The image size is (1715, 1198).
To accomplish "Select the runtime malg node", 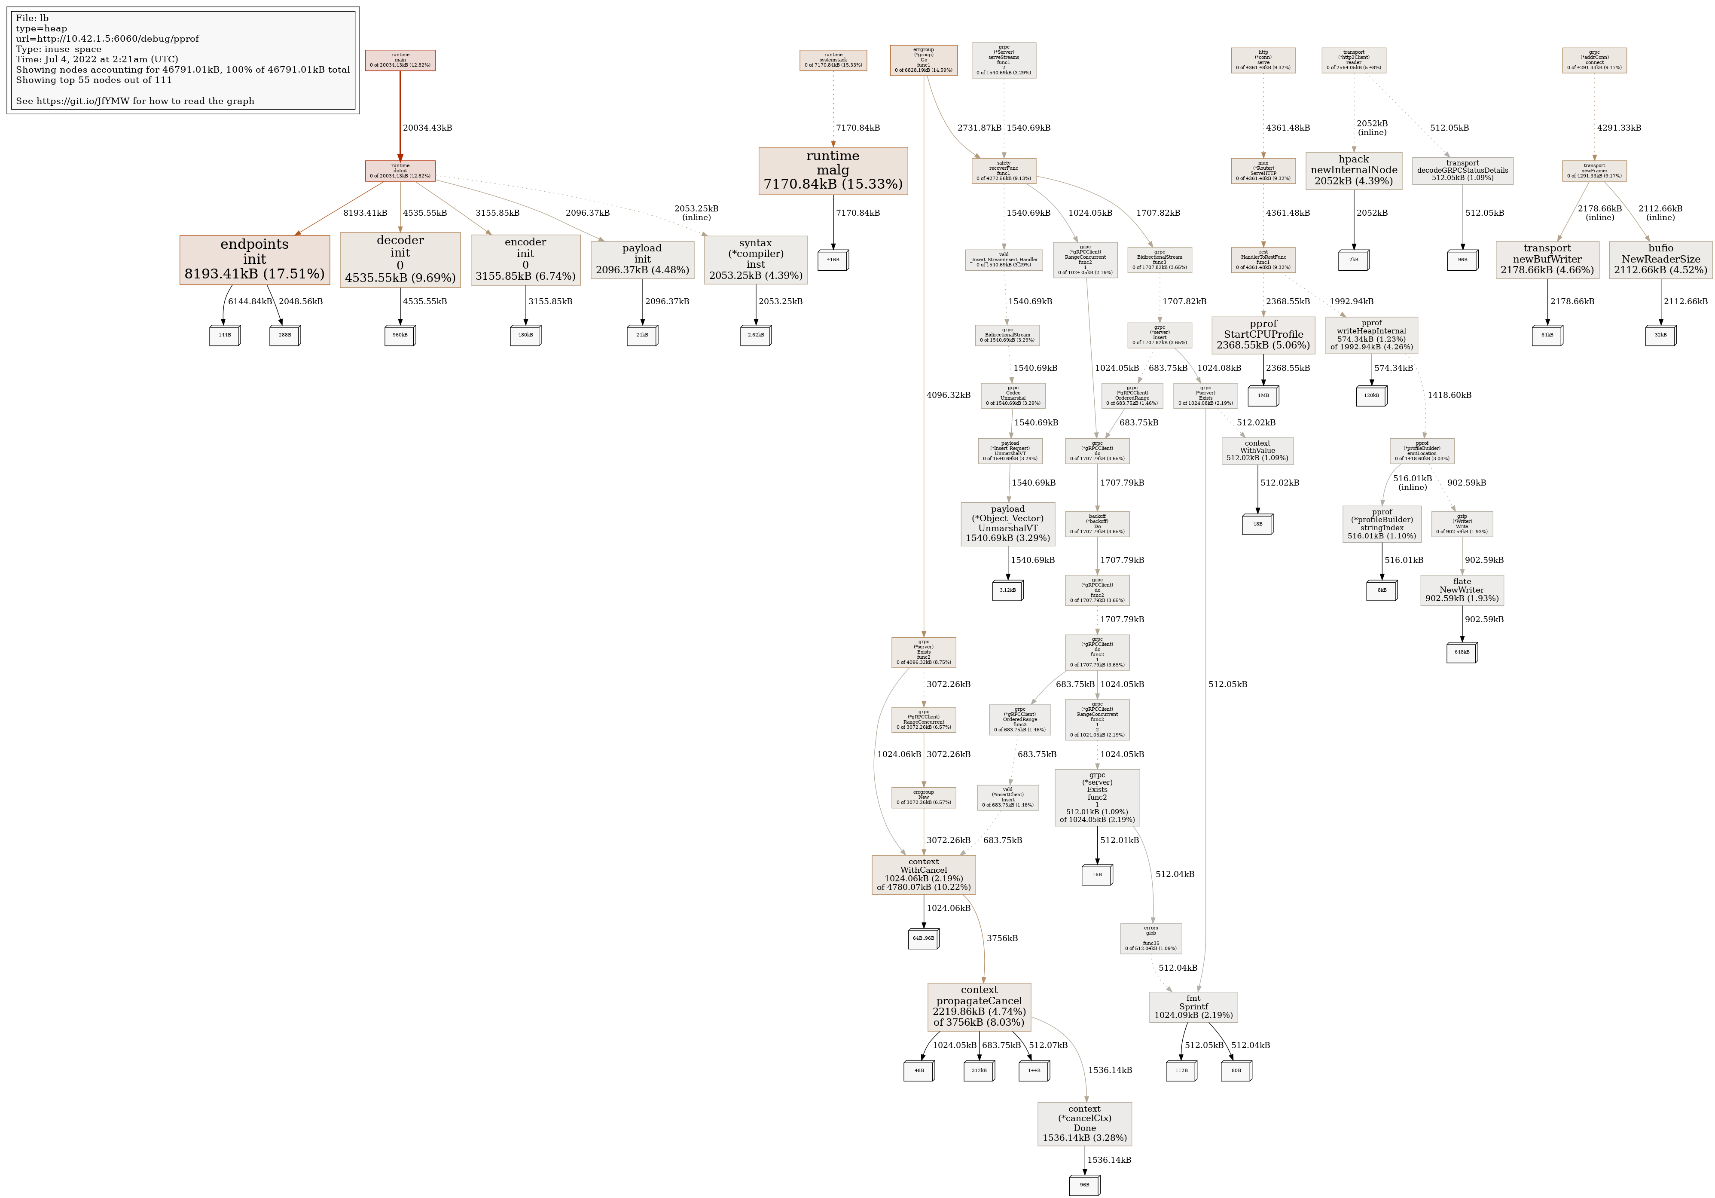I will coord(833,170).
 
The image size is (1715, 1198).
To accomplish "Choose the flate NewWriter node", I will coord(1462,590).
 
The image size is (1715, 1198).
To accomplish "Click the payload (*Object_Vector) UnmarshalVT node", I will coord(1007,523).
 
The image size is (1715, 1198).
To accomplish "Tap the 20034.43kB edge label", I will coord(427,128).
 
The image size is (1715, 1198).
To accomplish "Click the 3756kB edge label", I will coord(1002,938).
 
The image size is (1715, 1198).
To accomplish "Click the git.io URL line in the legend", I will coord(135,101).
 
